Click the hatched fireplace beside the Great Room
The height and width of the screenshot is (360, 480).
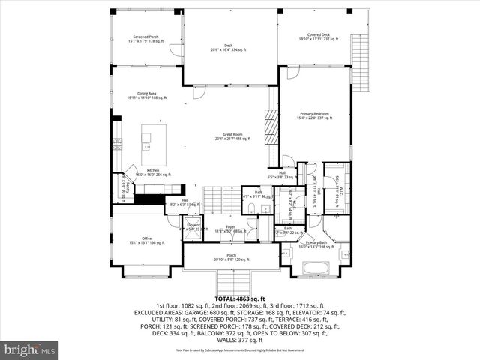[271, 127]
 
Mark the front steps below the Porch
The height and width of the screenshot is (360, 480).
[231, 283]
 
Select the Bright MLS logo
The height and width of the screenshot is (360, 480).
[30, 349]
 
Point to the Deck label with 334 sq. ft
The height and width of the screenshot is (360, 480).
[227, 48]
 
